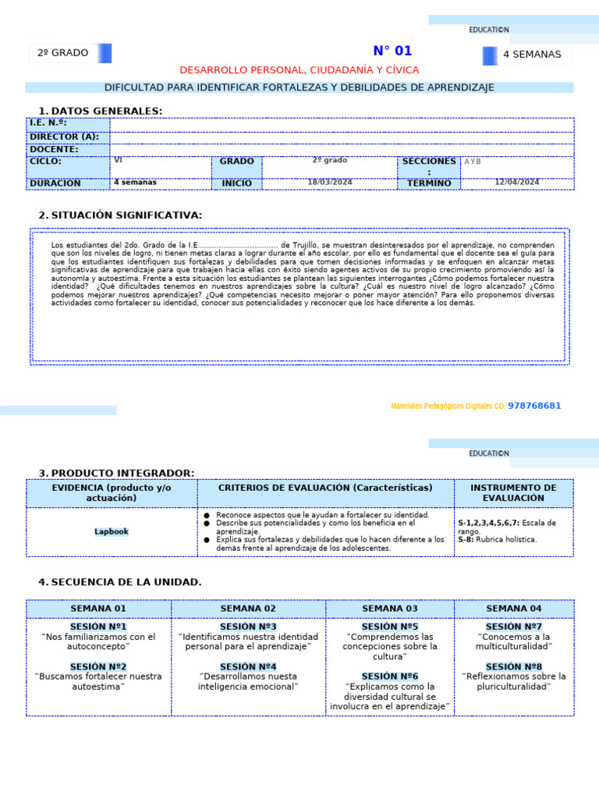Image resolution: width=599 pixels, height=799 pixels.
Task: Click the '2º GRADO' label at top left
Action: (x=63, y=53)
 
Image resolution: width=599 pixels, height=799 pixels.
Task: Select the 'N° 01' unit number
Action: (x=392, y=51)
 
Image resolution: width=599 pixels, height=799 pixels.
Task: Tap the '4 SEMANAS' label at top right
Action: (x=532, y=55)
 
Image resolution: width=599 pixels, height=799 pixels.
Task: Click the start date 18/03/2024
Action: (x=330, y=182)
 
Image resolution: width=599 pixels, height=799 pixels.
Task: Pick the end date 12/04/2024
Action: (x=517, y=182)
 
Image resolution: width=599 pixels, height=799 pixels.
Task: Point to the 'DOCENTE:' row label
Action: (x=54, y=149)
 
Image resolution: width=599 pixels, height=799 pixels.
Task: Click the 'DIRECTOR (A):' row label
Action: (x=64, y=136)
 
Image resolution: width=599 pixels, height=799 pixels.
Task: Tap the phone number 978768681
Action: (x=534, y=406)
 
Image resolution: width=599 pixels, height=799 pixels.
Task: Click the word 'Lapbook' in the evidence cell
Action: (x=111, y=531)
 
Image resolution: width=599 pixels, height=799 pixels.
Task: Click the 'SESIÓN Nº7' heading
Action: (x=513, y=627)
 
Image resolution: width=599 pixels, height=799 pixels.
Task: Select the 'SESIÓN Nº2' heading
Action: (x=98, y=666)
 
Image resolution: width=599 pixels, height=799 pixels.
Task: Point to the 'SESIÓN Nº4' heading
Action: (x=248, y=666)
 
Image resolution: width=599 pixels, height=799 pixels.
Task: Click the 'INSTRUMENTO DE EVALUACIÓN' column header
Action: (x=513, y=492)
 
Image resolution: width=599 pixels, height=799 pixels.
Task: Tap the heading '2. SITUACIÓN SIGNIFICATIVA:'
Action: (x=120, y=215)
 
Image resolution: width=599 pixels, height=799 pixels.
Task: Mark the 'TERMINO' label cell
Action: (x=429, y=183)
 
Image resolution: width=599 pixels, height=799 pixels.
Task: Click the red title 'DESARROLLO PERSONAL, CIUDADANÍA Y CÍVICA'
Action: (x=299, y=70)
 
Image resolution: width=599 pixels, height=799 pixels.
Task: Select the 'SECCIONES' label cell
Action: (x=428, y=162)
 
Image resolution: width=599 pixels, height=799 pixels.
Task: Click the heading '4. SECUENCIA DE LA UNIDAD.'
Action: (x=120, y=582)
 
